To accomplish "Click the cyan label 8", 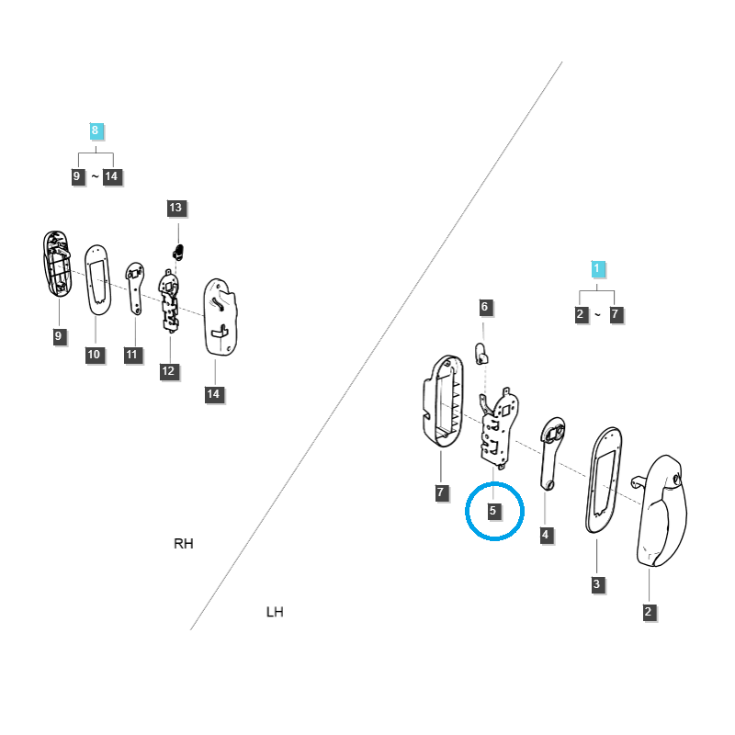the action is (x=96, y=130).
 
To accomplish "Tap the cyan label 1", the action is (x=596, y=269).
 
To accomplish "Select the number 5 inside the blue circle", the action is (x=492, y=511).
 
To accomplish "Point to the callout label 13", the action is (x=175, y=208).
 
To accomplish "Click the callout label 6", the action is (x=485, y=307).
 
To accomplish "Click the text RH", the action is (x=183, y=543).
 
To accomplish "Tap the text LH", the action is (x=275, y=612).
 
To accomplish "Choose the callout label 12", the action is (x=168, y=371).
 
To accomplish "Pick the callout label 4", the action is (x=545, y=535).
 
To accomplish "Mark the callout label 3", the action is (x=596, y=584).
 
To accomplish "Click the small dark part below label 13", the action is (x=178, y=252).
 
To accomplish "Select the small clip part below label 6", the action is (x=481, y=354).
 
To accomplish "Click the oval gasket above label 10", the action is (x=97, y=280).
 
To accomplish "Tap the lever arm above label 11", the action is (x=135, y=288).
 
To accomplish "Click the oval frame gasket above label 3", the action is (x=604, y=480).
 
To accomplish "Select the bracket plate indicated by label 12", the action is (x=169, y=301).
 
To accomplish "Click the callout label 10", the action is (x=94, y=355).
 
